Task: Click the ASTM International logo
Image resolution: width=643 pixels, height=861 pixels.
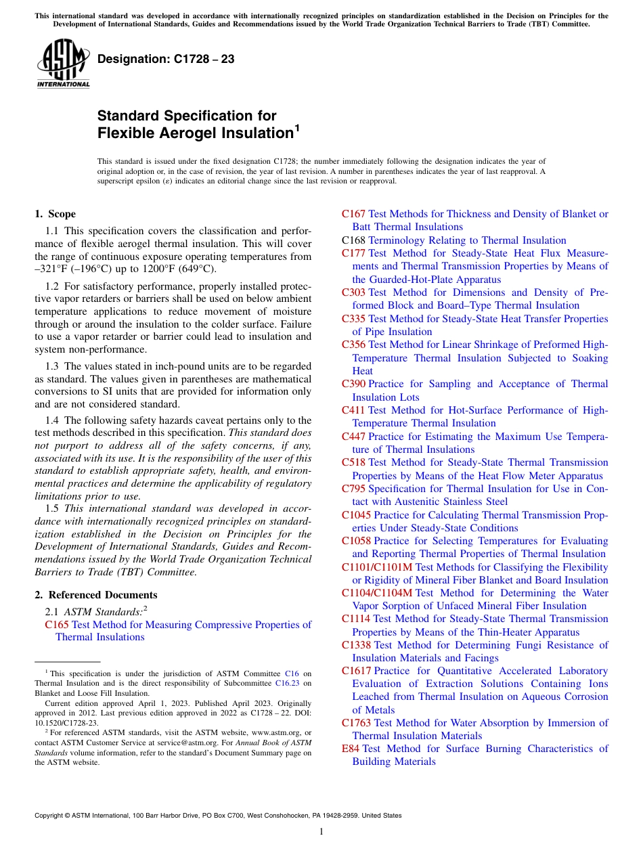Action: [x=63, y=64]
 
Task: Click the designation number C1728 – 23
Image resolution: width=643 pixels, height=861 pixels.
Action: [x=166, y=60]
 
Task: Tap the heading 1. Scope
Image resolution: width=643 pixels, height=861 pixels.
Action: [x=55, y=214]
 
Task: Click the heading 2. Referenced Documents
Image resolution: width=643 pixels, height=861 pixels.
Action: [x=95, y=595]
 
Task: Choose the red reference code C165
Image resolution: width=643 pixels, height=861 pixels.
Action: [x=56, y=625]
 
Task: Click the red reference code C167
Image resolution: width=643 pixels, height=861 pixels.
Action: [x=353, y=214]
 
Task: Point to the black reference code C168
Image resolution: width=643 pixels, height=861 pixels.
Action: [x=353, y=240]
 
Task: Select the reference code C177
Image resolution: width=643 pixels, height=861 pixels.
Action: [x=353, y=253]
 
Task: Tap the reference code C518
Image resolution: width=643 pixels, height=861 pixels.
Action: [x=353, y=462]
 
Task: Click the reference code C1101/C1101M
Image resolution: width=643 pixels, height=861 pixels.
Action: [x=376, y=567]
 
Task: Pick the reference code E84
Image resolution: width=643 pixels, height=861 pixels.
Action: [x=350, y=749]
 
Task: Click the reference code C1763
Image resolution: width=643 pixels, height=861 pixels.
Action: [x=356, y=723]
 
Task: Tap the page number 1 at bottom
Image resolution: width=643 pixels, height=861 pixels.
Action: [x=321, y=831]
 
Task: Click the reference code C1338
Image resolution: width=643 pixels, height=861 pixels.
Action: [x=356, y=645]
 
